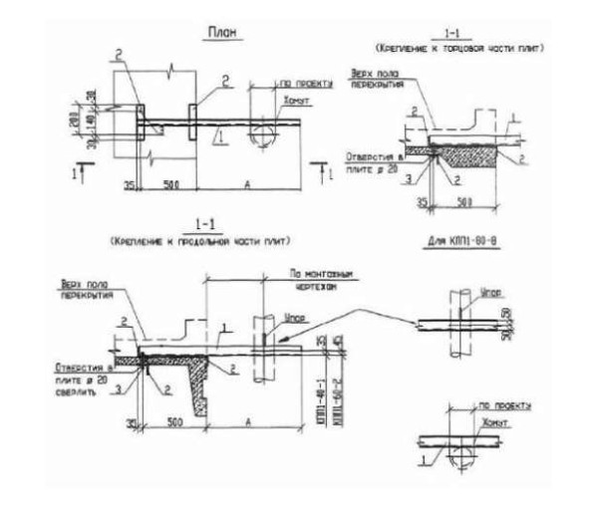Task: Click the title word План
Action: [x=220, y=35]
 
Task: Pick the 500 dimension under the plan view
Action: [x=165, y=183]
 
